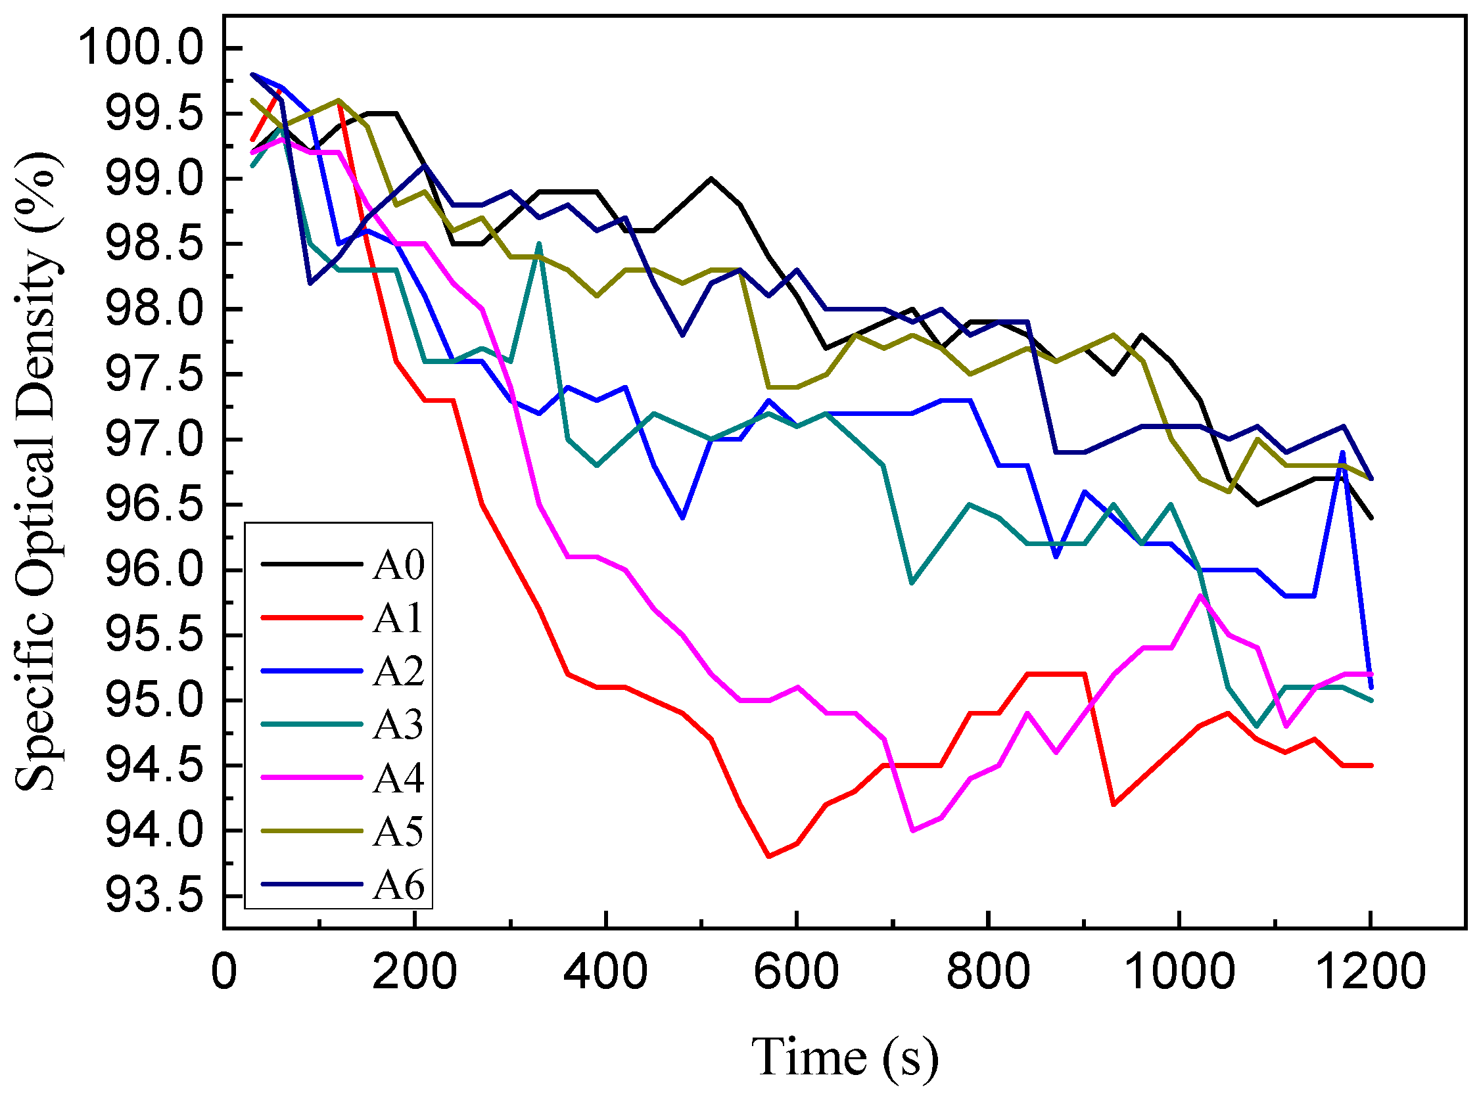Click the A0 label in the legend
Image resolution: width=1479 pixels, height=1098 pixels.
pos(398,566)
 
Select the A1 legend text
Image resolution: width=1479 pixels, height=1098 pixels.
pos(398,619)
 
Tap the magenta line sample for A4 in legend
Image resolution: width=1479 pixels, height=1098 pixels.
pos(312,777)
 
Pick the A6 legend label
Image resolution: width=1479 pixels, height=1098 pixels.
pos(398,884)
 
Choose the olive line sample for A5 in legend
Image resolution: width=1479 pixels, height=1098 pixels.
pos(312,831)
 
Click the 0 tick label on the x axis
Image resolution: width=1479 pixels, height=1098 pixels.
pos(224,972)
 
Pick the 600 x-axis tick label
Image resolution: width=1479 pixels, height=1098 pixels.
pos(795,972)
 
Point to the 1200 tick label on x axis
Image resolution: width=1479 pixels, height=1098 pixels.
pos(1370,972)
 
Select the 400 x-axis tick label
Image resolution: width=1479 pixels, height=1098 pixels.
pos(605,972)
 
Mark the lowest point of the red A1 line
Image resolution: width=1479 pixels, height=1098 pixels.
pos(768,856)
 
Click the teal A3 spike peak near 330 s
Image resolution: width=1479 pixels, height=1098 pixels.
pos(539,244)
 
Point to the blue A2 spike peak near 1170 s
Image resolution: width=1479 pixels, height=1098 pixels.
pos(1342,453)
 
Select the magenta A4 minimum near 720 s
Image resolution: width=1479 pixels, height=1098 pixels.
pos(912,830)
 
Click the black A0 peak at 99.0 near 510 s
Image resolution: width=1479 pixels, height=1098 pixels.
pos(711,178)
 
